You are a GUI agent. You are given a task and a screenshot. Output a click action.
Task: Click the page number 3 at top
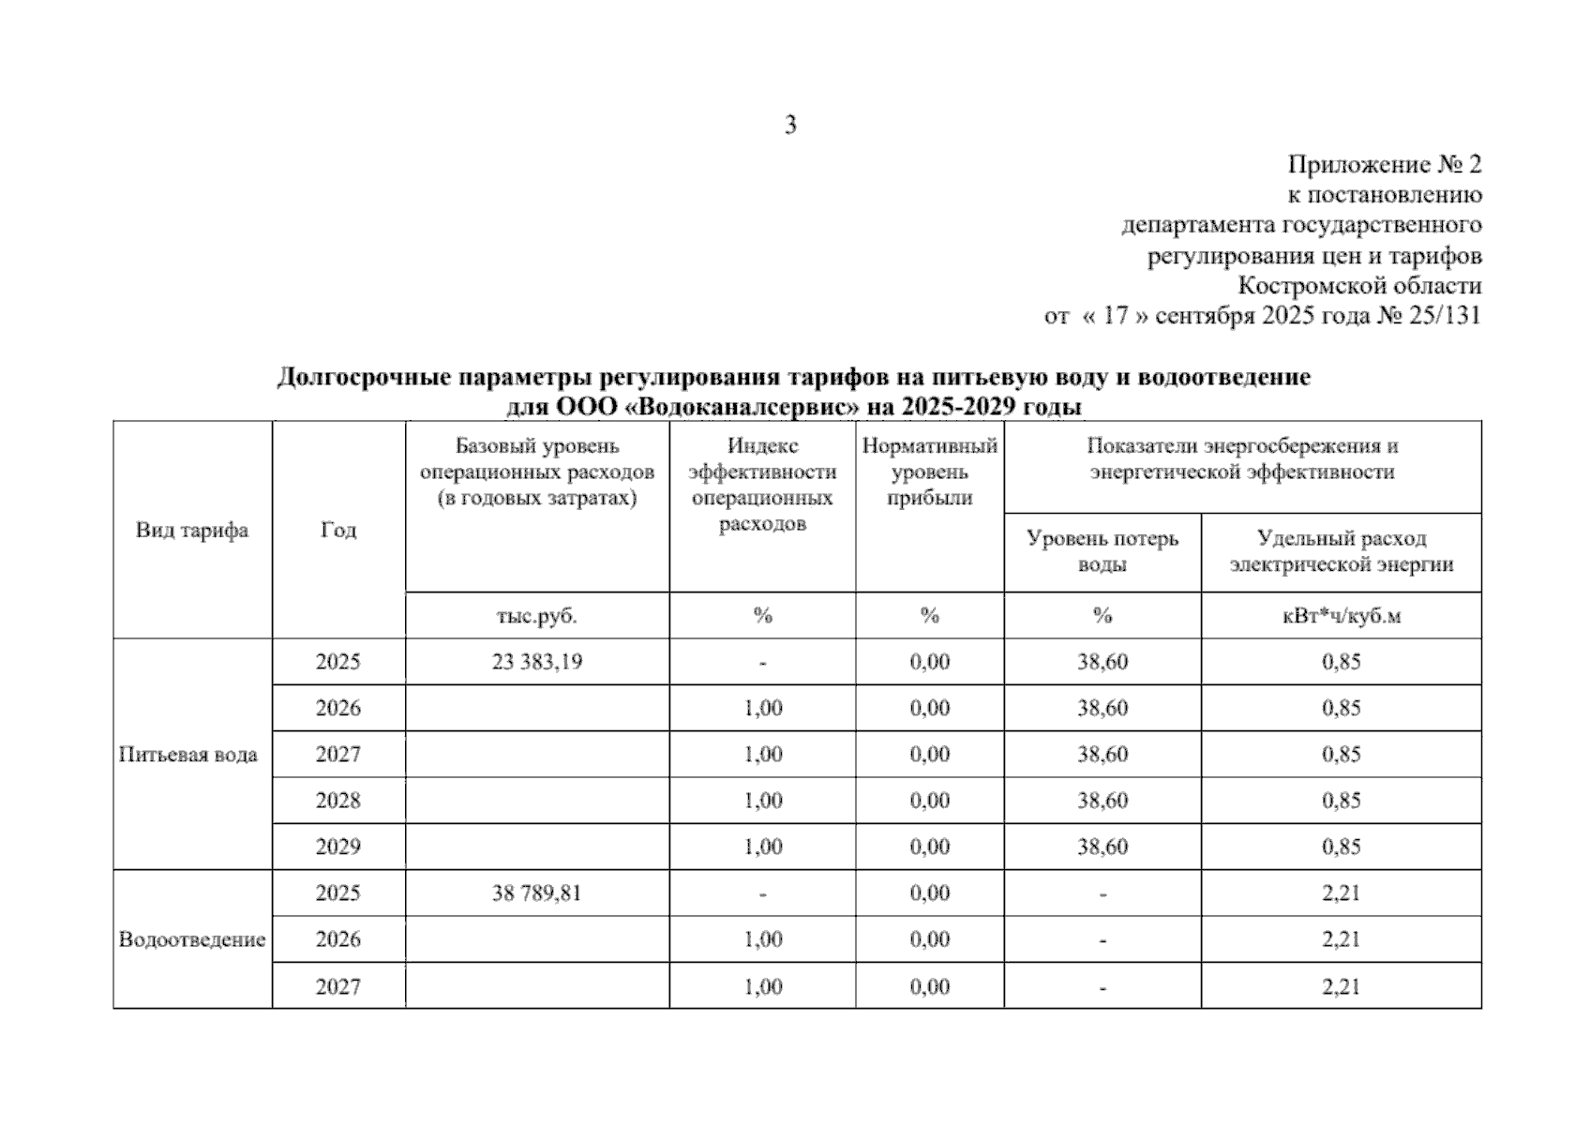click(x=790, y=125)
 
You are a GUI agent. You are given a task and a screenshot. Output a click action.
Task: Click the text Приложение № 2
click(x=1384, y=165)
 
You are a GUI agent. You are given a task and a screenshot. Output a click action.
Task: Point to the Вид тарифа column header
click(x=192, y=531)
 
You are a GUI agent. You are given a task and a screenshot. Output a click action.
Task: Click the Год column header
click(x=338, y=531)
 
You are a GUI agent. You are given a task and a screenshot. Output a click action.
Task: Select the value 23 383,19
click(x=536, y=662)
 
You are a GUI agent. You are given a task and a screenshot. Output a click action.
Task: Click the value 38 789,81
click(x=536, y=893)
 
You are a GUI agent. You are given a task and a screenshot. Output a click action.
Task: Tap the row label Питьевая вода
click(x=188, y=755)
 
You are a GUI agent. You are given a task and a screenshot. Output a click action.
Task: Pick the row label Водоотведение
click(x=192, y=939)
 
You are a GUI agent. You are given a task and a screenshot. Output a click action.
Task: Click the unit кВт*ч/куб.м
click(x=1341, y=616)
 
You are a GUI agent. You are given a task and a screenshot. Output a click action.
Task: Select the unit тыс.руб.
click(x=536, y=616)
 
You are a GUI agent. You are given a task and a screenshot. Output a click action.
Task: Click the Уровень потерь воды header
click(x=1102, y=551)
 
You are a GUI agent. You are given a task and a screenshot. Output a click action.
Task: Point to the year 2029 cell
click(x=338, y=847)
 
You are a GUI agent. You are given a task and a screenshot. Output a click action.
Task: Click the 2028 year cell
click(x=338, y=801)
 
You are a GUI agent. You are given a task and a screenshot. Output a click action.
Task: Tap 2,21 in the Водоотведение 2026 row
click(x=1341, y=939)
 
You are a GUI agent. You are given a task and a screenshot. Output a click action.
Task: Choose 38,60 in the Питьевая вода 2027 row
click(x=1102, y=755)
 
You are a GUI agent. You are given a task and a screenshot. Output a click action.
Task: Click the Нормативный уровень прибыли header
click(x=929, y=472)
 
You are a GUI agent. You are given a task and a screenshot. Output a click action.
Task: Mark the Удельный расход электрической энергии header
click(x=1341, y=551)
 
